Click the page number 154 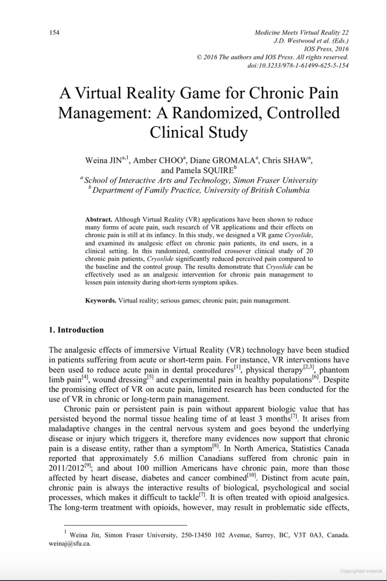tap(54, 32)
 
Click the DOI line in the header tap(298, 65)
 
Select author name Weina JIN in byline tap(103, 161)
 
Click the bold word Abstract tap(98, 219)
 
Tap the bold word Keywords tap(100, 301)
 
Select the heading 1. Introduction tap(76, 330)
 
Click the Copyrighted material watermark tap(361, 571)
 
